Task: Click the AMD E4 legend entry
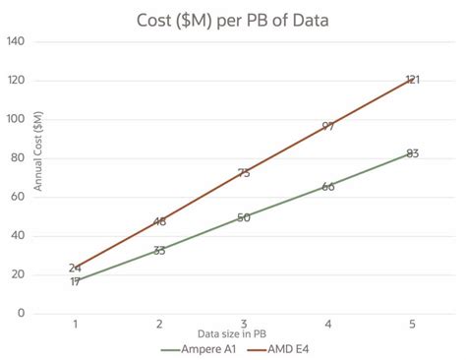(x=285, y=348)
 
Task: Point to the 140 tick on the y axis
(x=16, y=42)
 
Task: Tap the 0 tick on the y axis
(x=21, y=313)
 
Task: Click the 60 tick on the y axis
(x=18, y=197)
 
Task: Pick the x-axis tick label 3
(x=244, y=324)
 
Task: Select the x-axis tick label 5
(x=412, y=324)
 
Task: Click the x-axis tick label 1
(x=76, y=324)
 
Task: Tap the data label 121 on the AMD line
(x=413, y=80)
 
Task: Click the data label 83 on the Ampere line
(x=413, y=153)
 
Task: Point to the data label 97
(x=328, y=126)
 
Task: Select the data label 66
(x=328, y=186)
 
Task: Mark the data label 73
(x=244, y=173)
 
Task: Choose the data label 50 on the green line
(x=244, y=217)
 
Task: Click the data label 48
(x=159, y=221)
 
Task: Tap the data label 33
(x=159, y=250)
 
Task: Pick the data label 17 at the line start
(x=76, y=281)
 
